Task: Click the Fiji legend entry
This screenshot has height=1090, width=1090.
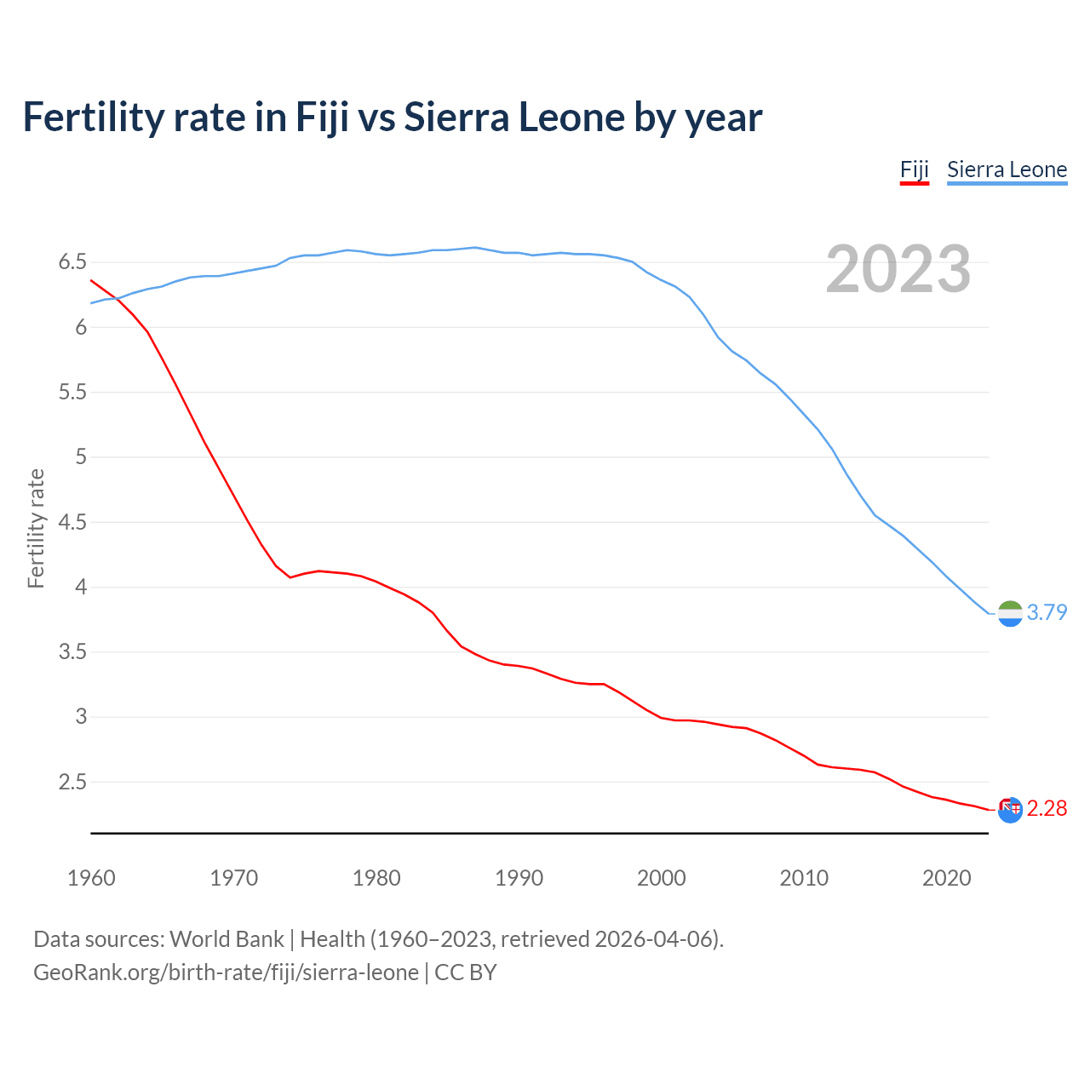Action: coord(914,169)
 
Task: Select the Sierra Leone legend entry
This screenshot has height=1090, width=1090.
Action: coord(1007,169)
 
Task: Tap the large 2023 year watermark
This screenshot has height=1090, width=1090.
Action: coord(898,269)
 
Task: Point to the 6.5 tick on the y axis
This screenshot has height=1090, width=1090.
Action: coord(72,262)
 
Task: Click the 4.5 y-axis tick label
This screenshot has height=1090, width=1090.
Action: coord(72,522)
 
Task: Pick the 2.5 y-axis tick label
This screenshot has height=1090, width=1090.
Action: coord(72,782)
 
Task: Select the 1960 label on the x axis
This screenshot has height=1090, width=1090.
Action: coord(91,878)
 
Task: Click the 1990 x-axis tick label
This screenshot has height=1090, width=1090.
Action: coord(519,878)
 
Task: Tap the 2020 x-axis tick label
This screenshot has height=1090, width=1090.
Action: coord(946,878)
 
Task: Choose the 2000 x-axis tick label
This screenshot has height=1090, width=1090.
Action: coord(661,878)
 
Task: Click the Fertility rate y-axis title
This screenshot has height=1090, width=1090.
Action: coord(36,528)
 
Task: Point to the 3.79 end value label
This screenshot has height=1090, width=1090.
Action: coord(1047,612)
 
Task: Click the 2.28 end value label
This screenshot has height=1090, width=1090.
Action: coord(1047,808)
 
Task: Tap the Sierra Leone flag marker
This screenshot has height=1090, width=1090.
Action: coord(1010,613)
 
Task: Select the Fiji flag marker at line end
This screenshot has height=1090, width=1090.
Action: coord(1010,810)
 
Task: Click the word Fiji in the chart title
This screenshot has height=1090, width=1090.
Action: coord(322,118)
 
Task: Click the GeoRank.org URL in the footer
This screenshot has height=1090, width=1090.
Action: coord(226,972)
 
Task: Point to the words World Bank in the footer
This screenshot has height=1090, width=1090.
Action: coord(227,939)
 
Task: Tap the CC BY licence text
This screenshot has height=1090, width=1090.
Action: coord(466,972)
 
